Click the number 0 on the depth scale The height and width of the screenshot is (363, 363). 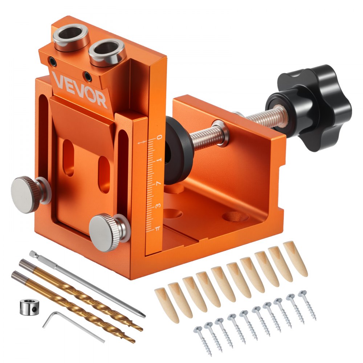[159, 138]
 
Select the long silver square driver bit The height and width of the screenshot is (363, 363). [87, 283]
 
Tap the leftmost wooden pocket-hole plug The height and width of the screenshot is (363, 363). [167, 305]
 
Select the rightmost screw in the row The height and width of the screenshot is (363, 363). [307, 305]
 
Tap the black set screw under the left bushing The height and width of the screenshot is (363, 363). [53, 62]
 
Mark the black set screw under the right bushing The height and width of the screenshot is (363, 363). [87, 76]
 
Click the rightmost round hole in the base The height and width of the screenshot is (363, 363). [236, 217]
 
